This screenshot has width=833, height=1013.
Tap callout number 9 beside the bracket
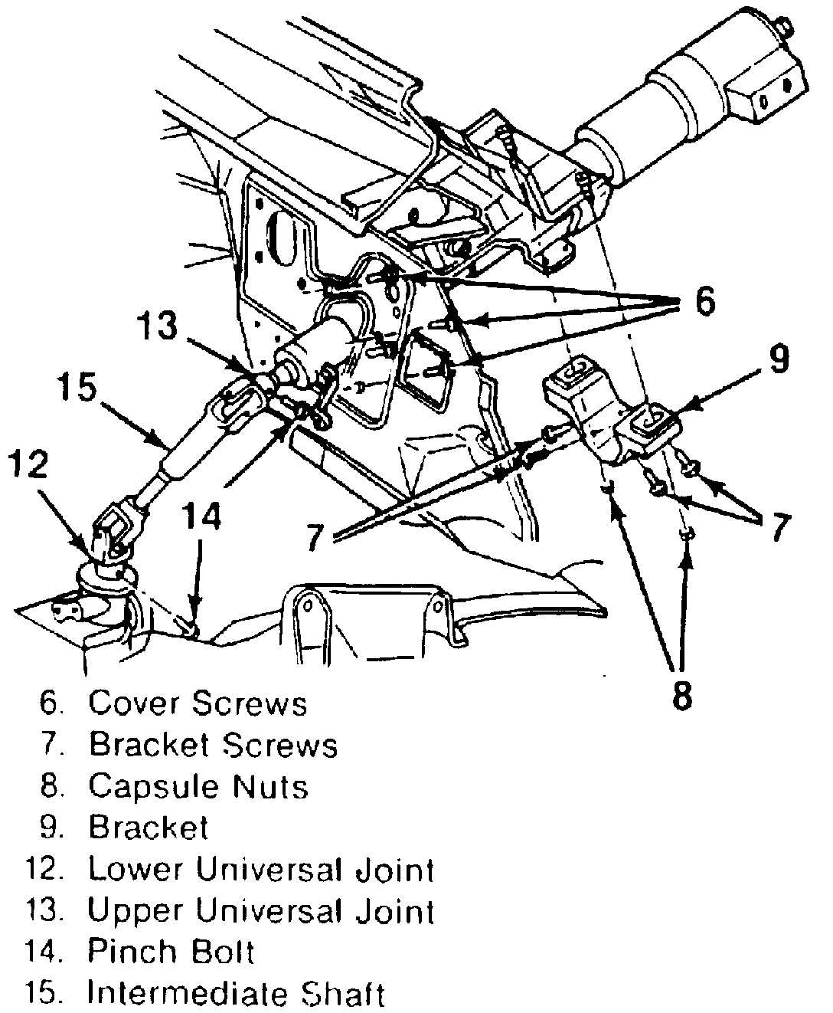coord(778,360)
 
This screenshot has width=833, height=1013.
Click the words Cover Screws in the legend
coord(198,703)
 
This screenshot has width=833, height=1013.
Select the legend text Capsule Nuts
coord(198,786)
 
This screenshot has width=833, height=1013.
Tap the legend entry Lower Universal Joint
coord(261,870)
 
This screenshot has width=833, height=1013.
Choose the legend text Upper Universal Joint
coord(261,911)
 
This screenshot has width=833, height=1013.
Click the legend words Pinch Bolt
coord(171,952)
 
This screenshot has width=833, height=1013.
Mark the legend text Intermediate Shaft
coord(235,994)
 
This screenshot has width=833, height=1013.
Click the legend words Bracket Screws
coord(213,744)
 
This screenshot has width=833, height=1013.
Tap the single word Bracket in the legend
coord(149,828)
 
